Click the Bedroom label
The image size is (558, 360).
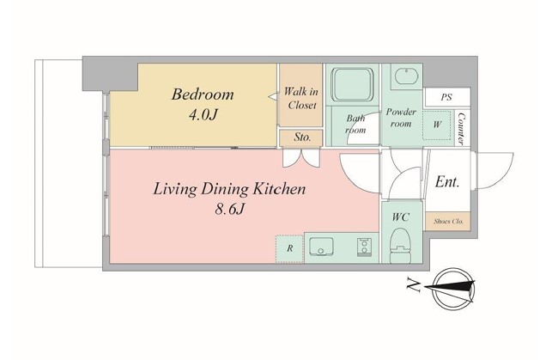[x=203, y=94]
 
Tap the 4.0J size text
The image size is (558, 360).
[x=203, y=114]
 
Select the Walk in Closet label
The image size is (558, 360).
[x=301, y=98]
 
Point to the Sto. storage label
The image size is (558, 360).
[x=302, y=137]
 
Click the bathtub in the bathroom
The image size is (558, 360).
[x=352, y=85]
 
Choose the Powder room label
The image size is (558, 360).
[x=401, y=118]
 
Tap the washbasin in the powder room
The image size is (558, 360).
[x=406, y=76]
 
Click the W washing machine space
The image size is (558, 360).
[x=437, y=125]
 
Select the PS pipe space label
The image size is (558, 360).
[x=446, y=97]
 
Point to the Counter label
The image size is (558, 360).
[x=461, y=129]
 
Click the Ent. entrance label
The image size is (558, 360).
[x=447, y=182]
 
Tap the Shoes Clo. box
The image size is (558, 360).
[x=448, y=221]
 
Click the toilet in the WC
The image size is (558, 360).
[x=401, y=245]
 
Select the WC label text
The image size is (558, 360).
[x=401, y=217]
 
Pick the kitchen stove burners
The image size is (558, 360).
[x=364, y=247]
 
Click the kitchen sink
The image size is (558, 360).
[x=321, y=247]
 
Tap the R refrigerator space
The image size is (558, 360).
[x=289, y=248]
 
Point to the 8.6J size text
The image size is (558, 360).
[x=229, y=209]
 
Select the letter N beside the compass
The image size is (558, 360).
[x=413, y=285]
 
